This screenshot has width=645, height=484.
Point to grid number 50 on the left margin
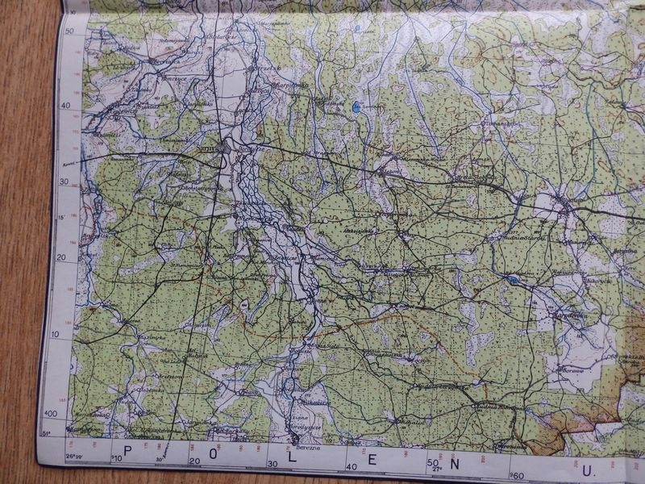click(x=69, y=31)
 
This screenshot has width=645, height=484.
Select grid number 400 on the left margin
click(x=52, y=413)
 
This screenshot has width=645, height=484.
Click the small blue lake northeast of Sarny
click(x=356, y=105)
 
